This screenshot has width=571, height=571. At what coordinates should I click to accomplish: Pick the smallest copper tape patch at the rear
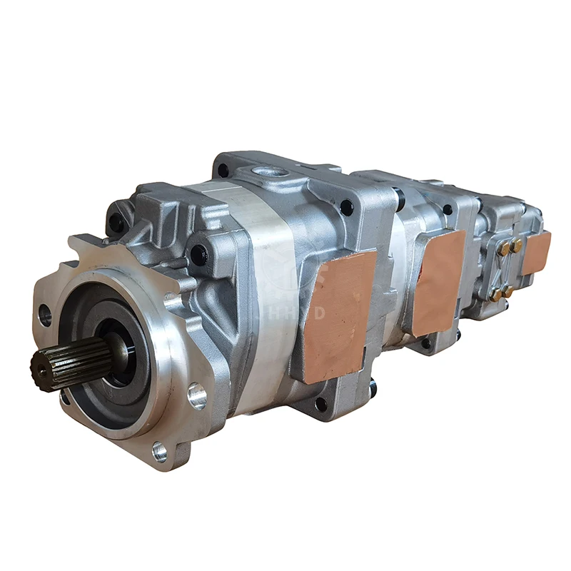pos(537,252)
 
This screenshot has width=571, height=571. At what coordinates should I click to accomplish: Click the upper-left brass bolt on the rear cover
pos(502,248)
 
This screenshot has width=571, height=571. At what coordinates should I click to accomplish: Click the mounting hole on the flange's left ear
pos(45,314)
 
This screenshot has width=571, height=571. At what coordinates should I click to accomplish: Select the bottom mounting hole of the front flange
pos(159,451)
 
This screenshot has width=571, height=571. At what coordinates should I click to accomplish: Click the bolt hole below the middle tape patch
pos(427,343)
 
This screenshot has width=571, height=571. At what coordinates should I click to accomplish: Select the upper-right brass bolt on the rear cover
pos(516,245)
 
